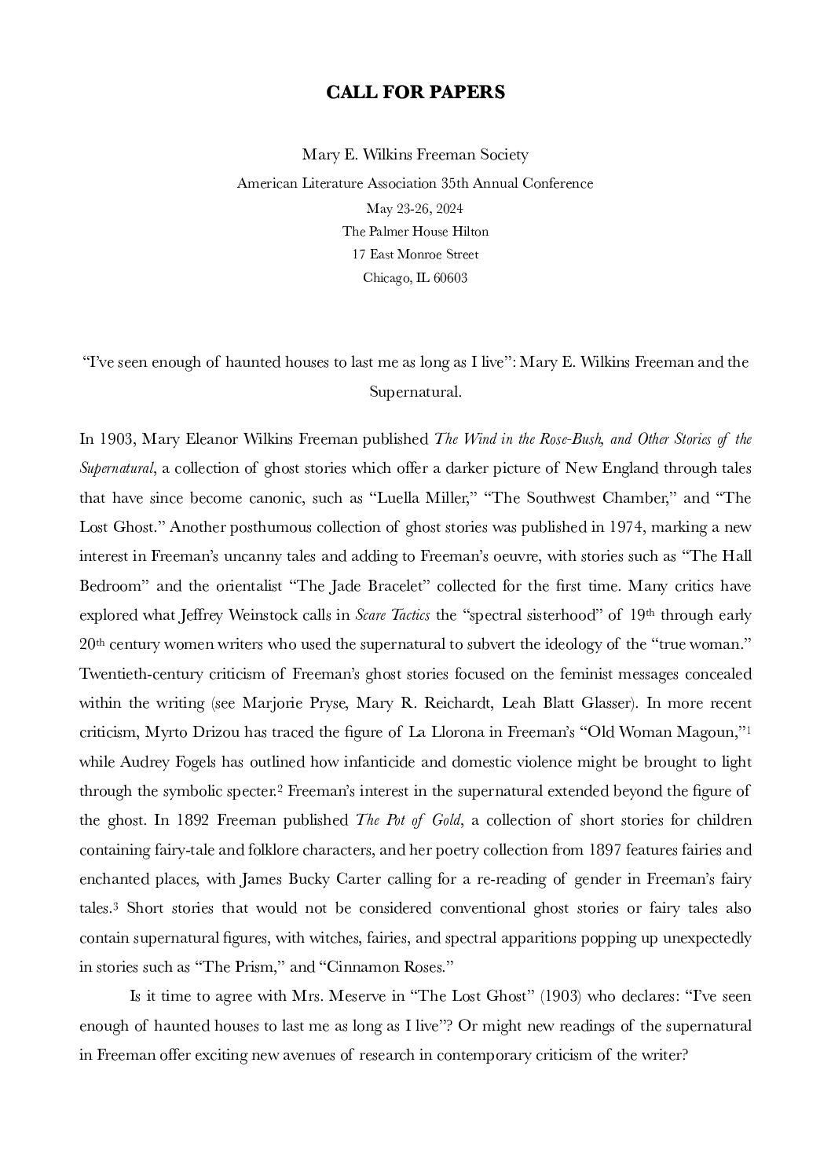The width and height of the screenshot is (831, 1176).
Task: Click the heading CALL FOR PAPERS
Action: point(415,93)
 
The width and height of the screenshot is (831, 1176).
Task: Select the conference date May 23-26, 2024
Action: point(415,208)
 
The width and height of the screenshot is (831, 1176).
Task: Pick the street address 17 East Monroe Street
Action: point(415,255)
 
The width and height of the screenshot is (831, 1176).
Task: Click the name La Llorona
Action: point(443,732)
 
